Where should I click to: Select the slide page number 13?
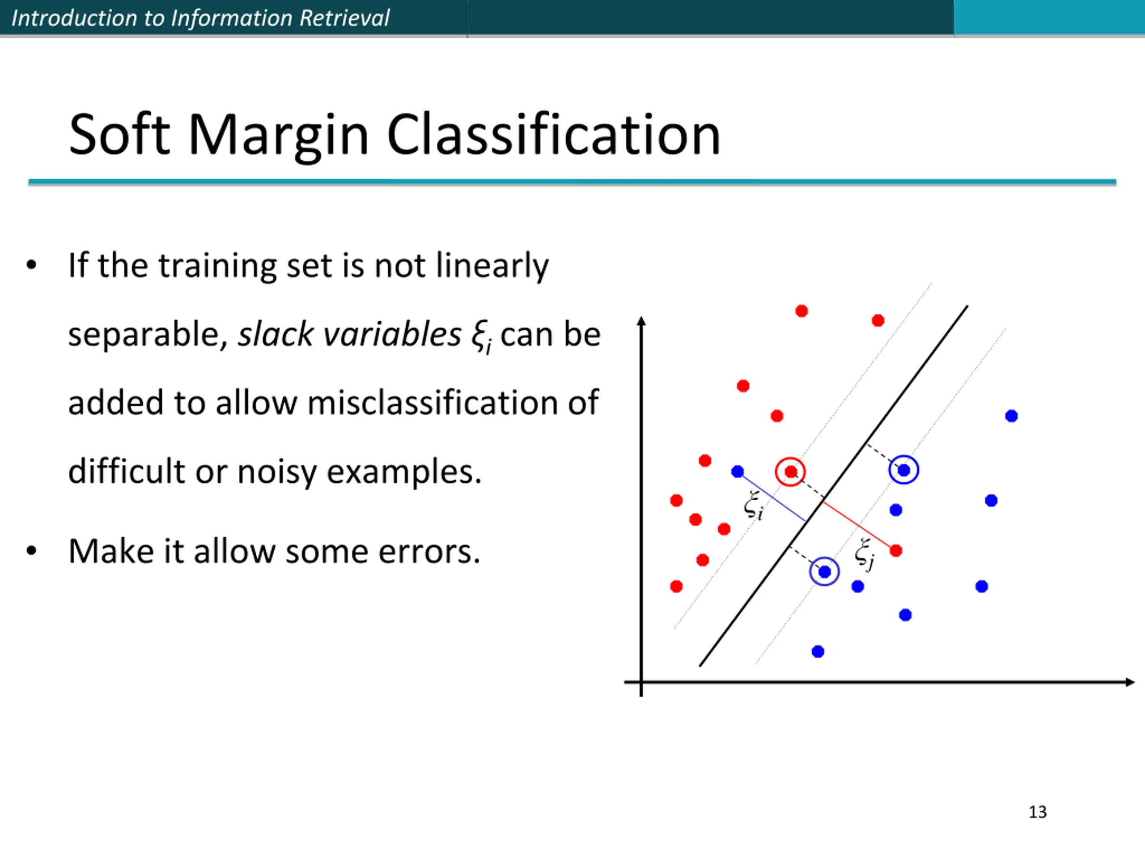[x=1037, y=812]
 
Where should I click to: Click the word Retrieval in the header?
[x=344, y=18]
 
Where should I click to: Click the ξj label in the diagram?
[x=865, y=554]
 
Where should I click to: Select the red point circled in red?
[x=790, y=472]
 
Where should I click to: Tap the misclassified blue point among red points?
[x=738, y=471]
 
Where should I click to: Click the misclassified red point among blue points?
[x=896, y=550]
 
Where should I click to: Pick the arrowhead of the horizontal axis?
[x=1130, y=682]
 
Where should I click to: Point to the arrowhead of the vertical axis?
[x=641, y=321]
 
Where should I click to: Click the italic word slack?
[x=276, y=333]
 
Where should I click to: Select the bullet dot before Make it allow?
[x=32, y=550]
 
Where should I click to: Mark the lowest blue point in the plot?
[x=818, y=651]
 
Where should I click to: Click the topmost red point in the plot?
[x=801, y=310]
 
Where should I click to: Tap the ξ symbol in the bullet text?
[x=480, y=336]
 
